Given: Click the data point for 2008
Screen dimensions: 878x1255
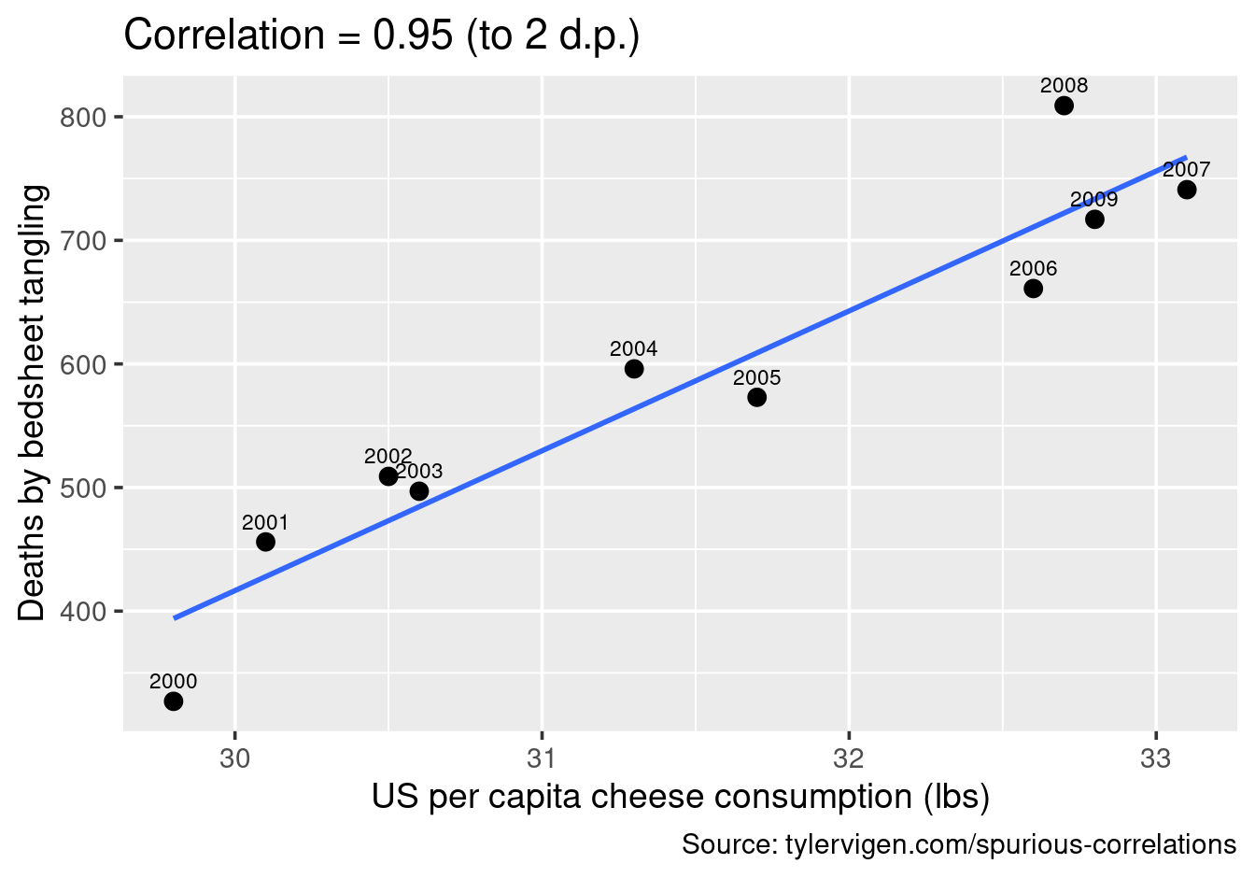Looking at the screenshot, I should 1064,106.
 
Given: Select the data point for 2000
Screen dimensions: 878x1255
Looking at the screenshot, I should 173,701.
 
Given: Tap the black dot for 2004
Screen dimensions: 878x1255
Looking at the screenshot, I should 634,369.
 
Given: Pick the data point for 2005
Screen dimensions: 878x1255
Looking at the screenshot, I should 757,398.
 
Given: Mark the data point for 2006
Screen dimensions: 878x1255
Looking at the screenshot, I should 1033,289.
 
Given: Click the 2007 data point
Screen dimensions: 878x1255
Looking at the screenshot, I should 1187,190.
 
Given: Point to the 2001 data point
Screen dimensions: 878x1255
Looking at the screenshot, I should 265,542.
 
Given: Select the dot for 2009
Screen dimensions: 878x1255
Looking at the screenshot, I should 1094,219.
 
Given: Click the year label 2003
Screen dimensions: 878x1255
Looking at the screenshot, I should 419,472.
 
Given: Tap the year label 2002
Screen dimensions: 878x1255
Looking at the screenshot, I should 387,457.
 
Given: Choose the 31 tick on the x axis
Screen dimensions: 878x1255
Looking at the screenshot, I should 542,758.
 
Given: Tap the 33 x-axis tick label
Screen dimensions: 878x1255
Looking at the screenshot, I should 1156,758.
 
